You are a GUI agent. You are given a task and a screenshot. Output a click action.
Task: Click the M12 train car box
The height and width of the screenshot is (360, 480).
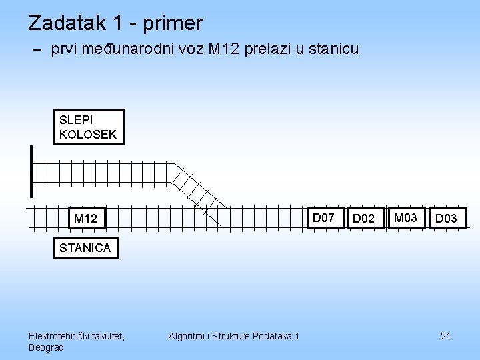pyautogui.click(x=85, y=218)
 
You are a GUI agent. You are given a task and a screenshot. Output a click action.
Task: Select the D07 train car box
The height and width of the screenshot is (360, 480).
pyautogui.click(x=323, y=217)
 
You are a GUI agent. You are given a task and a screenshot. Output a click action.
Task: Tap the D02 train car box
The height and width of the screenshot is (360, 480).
pyautogui.click(x=363, y=218)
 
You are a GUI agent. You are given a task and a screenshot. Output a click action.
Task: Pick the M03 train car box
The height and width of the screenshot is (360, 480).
pyautogui.click(x=405, y=217)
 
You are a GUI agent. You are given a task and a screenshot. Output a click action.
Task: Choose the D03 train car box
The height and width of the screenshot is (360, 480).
pyautogui.click(x=446, y=218)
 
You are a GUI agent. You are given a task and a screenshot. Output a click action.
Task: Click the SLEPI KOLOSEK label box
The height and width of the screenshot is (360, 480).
pyautogui.click(x=88, y=127)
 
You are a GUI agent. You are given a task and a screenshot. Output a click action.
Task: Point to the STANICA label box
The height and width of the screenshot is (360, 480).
pyautogui.click(x=85, y=248)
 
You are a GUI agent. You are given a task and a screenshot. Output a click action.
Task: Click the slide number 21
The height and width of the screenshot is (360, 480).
pyautogui.click(x=446, y=336)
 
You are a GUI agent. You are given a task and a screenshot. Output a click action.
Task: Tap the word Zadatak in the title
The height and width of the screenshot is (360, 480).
pyautogui.click(x=69, y=23)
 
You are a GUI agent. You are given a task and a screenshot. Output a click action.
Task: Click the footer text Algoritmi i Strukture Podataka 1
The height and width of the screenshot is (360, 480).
pyautogui.click(x=234, y=336)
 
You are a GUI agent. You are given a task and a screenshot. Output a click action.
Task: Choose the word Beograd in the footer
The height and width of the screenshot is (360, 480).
pyautogui.click(x=47, y=347)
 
